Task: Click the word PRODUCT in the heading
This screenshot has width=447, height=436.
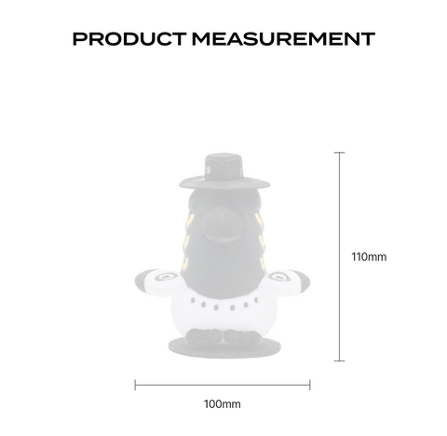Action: coord(129,39)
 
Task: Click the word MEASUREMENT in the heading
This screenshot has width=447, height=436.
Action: coord(283,39)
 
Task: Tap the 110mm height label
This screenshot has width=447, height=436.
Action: coord(369,257)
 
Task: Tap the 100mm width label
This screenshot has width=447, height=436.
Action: coord(222,404)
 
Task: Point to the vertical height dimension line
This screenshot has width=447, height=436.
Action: coord(339,256)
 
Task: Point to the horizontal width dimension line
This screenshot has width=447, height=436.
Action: coord(223,385)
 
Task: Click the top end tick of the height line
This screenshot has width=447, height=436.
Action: coord(339,153)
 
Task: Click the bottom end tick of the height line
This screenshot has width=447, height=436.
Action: coord(339,361)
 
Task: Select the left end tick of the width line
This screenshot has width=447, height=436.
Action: coord(135,385)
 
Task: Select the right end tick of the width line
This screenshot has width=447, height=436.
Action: coord(310,385)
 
